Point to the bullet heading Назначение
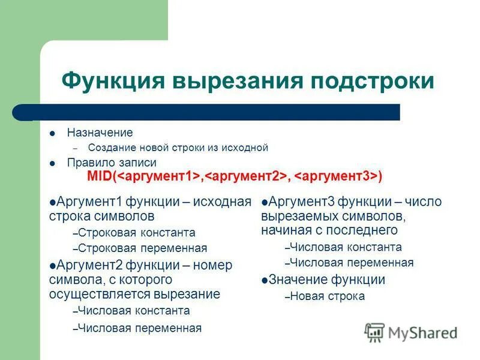pos(100,133)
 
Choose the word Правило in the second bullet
pos(88,163)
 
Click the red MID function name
pos(98,176)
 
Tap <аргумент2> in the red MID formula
pos(244,176)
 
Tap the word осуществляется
pos(98,294)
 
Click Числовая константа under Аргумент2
pos(134,311)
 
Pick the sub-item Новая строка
pos(327,296)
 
